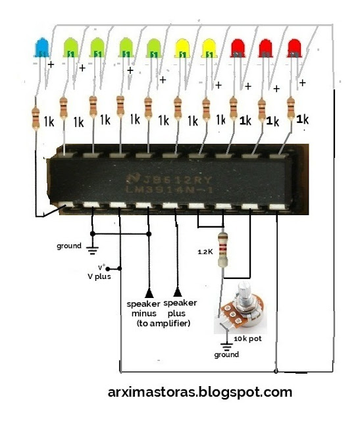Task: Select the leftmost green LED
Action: point(70,47)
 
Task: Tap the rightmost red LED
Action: point(294,47)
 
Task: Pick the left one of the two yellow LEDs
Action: point(180,47)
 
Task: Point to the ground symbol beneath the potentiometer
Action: point(227,344)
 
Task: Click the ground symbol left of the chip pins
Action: point(92,249)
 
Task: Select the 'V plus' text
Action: point(99,276)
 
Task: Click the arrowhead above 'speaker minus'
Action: point(149,291)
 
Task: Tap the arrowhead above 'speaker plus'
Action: point(176,291)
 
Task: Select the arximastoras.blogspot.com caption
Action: point(199,392)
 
